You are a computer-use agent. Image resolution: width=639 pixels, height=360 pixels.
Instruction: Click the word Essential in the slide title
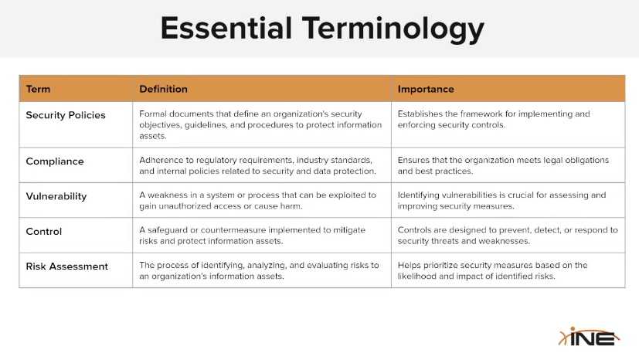(x=226, y=28)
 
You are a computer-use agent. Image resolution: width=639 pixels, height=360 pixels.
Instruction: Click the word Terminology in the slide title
(x=393, y=29)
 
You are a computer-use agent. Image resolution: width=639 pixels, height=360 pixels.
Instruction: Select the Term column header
(x=38, y=89)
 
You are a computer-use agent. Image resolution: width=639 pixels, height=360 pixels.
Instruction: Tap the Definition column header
(x=163, y=89)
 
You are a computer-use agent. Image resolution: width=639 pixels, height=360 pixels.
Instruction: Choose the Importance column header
(x=426, y=89)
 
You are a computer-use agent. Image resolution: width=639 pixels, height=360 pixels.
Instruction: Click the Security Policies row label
(x=66, y=115)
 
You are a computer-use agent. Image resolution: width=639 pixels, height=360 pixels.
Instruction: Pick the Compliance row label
(x=55, y=161)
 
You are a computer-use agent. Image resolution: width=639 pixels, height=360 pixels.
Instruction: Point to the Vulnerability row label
(x=56, y=196)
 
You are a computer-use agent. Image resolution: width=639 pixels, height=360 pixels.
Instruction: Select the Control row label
(x=43, y=231)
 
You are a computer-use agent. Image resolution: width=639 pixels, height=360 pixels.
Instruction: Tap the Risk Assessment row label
(x=66, y=267)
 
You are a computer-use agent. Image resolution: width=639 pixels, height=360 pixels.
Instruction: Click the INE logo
(x=589, y=337)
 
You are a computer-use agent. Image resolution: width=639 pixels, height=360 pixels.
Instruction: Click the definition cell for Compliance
(x=262, y=165)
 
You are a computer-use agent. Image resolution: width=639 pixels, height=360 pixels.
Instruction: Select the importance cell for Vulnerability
(x=508, y=200)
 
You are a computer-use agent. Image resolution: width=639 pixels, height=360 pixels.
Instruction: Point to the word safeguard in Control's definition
(x=168, y=230)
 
